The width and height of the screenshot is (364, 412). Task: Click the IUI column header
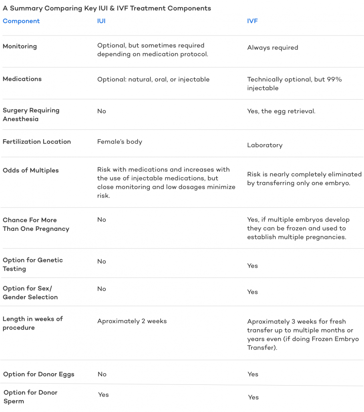101,21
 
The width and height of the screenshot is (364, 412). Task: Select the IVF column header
252,21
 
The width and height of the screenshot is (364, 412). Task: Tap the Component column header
21,21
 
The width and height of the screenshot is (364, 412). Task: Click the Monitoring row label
20,46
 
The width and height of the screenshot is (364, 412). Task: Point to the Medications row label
22,79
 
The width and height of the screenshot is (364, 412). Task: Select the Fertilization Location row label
37,142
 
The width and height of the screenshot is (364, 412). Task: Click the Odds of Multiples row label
30,170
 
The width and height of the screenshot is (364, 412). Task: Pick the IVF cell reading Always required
273,48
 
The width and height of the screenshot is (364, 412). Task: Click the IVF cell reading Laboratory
265,145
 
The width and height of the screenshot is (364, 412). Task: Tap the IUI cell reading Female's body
120,142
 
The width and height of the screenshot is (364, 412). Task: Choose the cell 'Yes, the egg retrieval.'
281,111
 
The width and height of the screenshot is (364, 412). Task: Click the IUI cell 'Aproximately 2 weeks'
132,321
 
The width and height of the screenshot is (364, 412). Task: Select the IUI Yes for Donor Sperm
103,395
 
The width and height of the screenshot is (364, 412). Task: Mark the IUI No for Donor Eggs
102,374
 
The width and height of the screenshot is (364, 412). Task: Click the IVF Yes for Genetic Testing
253,266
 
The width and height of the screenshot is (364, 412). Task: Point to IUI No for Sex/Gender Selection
102,289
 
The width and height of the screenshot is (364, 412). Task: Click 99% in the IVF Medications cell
334,79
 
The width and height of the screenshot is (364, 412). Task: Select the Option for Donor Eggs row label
39,374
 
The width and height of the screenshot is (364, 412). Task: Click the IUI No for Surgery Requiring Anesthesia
102,111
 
